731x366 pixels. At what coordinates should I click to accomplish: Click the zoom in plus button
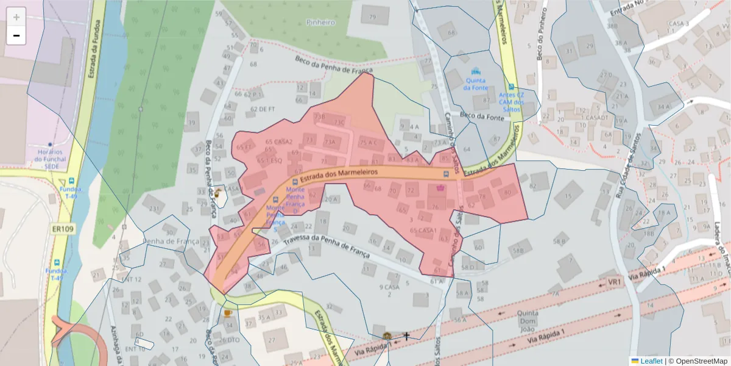pos(16,17)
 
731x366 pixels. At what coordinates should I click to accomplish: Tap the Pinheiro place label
pos(321,23)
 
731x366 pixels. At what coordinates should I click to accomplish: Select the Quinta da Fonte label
pos(476,84)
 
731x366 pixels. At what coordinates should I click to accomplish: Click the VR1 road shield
pos(613,282)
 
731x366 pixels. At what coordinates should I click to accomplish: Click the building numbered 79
pos(372,16)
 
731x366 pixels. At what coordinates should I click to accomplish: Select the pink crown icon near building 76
pos(440,188)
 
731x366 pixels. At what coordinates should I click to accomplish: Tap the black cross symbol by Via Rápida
pos(407,335)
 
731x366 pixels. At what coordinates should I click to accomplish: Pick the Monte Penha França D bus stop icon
pos(295,182)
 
